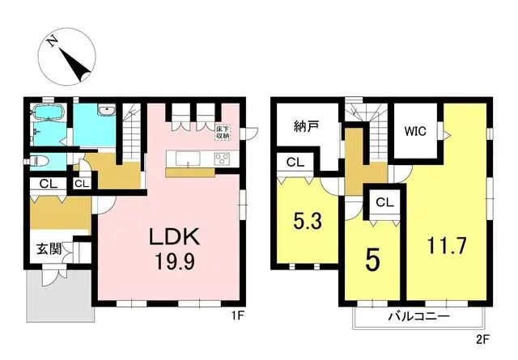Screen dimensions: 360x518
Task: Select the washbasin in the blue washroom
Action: [x=106, y=112]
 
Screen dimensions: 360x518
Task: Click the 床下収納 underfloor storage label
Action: [x=224, y=131]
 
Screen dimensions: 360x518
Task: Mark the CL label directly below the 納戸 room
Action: [x=295, y=163]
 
